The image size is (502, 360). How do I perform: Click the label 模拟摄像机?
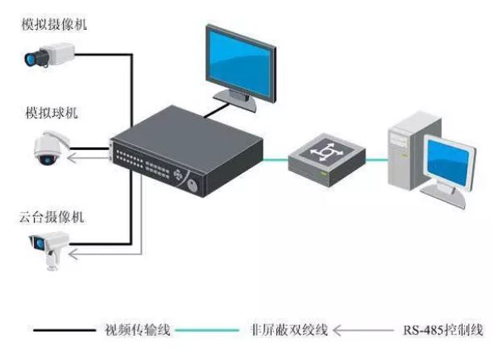coord(55,25)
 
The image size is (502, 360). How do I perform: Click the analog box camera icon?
coord(47,56)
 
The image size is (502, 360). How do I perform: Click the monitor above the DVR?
coord(240,60)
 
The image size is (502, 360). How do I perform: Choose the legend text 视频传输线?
coord(137,329)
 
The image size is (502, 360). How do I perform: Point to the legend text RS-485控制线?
coord(443,329)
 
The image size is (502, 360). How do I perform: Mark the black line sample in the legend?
coord(64,329)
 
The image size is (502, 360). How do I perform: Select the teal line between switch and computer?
coord(378,158)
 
